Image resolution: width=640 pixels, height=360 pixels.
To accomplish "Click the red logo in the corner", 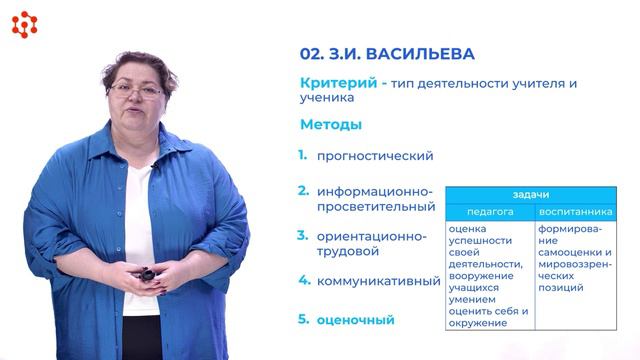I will click(x=24, y=24).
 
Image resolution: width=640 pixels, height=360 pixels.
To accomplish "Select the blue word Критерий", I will click(x=332, y=83).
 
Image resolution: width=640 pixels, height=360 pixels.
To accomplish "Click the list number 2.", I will click(x=302, y=190).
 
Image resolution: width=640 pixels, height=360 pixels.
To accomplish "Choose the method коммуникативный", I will click(x=378, y=281).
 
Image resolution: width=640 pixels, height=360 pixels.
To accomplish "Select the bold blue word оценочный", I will click(x=355, y=320).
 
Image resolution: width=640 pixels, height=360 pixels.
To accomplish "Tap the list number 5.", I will click(x=302, y=320).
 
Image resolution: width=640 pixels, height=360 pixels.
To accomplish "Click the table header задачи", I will click(x=531, y=195).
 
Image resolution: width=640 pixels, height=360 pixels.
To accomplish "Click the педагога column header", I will click(x=490, y=212).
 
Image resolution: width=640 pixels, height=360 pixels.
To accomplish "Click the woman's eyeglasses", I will click(x=136, y=90).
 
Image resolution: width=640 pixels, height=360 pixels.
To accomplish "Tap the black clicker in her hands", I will click(x=147, y=273).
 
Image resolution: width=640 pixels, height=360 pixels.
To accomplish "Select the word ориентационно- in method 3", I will click(x=371, y=236).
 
